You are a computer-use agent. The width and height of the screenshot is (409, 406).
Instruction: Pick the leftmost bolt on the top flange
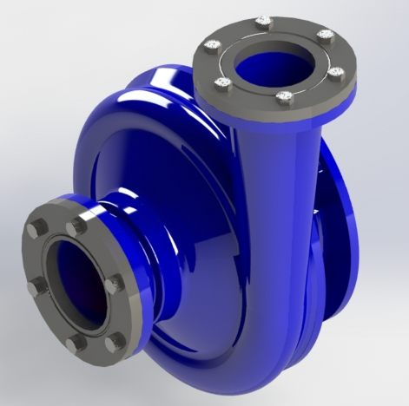click(210, 49)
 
